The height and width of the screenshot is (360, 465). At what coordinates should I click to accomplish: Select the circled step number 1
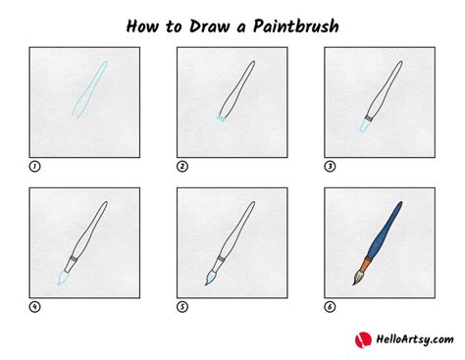34,167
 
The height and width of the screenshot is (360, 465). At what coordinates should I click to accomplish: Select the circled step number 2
181,167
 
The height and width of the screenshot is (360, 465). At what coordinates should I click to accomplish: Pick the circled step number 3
329,167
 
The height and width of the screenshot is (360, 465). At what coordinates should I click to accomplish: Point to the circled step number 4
34,307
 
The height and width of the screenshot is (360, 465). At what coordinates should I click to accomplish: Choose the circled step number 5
181,307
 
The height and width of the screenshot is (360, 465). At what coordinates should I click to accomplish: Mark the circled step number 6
329,307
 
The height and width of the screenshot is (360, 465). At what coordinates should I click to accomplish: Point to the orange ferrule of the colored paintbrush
367,263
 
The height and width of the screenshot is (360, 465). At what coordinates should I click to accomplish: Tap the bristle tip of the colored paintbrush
358,280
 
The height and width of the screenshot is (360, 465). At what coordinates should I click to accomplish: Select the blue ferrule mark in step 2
220,120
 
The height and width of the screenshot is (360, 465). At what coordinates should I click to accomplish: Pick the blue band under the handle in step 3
366,123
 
